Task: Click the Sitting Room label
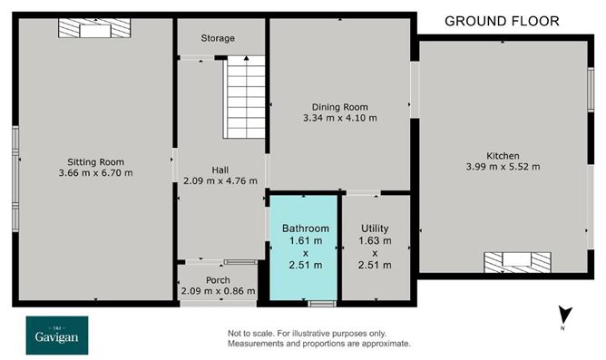pos(95,162)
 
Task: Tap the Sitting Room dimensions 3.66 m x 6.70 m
pos(95,172)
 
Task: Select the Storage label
pos(218,38)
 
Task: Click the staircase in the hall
pos(244,97)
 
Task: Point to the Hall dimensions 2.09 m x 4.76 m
pos(220,180)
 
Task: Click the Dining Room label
pos(339,107)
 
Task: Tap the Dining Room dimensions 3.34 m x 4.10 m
pos(339,118)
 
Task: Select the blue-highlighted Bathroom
pos(303,248)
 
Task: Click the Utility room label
pos(375,229)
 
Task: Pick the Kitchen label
pos(503,156)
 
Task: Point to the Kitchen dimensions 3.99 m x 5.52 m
pos(503,167)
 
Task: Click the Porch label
pos(218,280)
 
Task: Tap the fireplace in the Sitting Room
pos(94,28)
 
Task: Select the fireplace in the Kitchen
pos(517,262)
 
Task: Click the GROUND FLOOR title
pos(502,21)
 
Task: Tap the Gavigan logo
pos(57,336)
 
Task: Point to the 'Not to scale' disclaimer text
pos(318,338)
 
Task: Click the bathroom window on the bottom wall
pos(322,304)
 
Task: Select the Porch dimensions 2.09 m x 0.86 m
pos(218,291)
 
